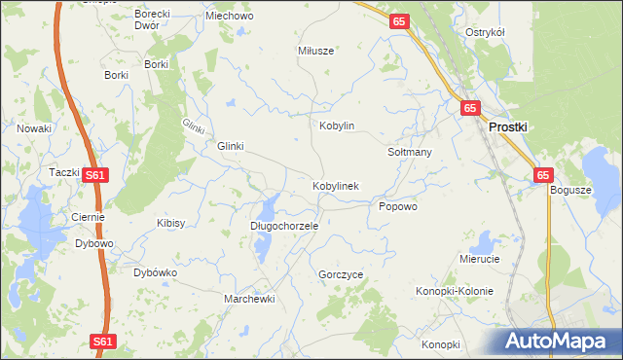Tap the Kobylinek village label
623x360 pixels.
click(336, 185)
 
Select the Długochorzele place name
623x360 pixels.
click(284, 225)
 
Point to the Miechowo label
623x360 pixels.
click(227, 17)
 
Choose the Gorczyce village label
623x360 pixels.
click(341, 275)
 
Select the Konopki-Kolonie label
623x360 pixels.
click(455, 291)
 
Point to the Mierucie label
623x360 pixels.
click(479, 259)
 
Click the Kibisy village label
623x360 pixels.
click(170, 223)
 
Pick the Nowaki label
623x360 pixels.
click(34, 127)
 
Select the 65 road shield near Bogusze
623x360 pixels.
click(543, 175)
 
